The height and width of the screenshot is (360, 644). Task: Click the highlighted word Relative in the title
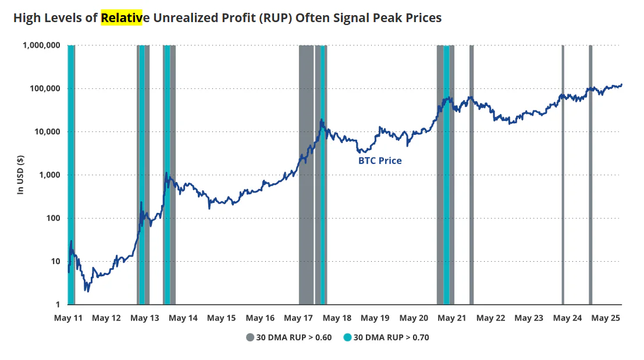[121, 18]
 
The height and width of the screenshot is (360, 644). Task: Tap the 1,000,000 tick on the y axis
[42, 45]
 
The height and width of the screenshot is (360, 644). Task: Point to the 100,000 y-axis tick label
[45, 88]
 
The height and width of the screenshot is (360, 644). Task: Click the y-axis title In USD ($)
[20, 174]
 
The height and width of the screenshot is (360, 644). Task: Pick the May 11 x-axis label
[67, 318]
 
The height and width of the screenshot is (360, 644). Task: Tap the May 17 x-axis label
[298, 318]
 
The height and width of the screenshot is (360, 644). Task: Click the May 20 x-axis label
[413, 318]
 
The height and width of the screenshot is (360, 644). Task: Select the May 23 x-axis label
[528, 318]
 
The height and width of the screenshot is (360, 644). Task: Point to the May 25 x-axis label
[606, 318]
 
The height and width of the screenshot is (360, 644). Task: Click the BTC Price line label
[380, 161]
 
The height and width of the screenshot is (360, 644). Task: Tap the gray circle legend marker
[250, 337]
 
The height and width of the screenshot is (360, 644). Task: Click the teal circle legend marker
[347, 337]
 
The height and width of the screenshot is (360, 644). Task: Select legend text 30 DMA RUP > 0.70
[391, 337]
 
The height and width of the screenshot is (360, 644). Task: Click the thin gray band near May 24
[563, 174]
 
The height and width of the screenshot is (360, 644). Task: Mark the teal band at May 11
[70, 174]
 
